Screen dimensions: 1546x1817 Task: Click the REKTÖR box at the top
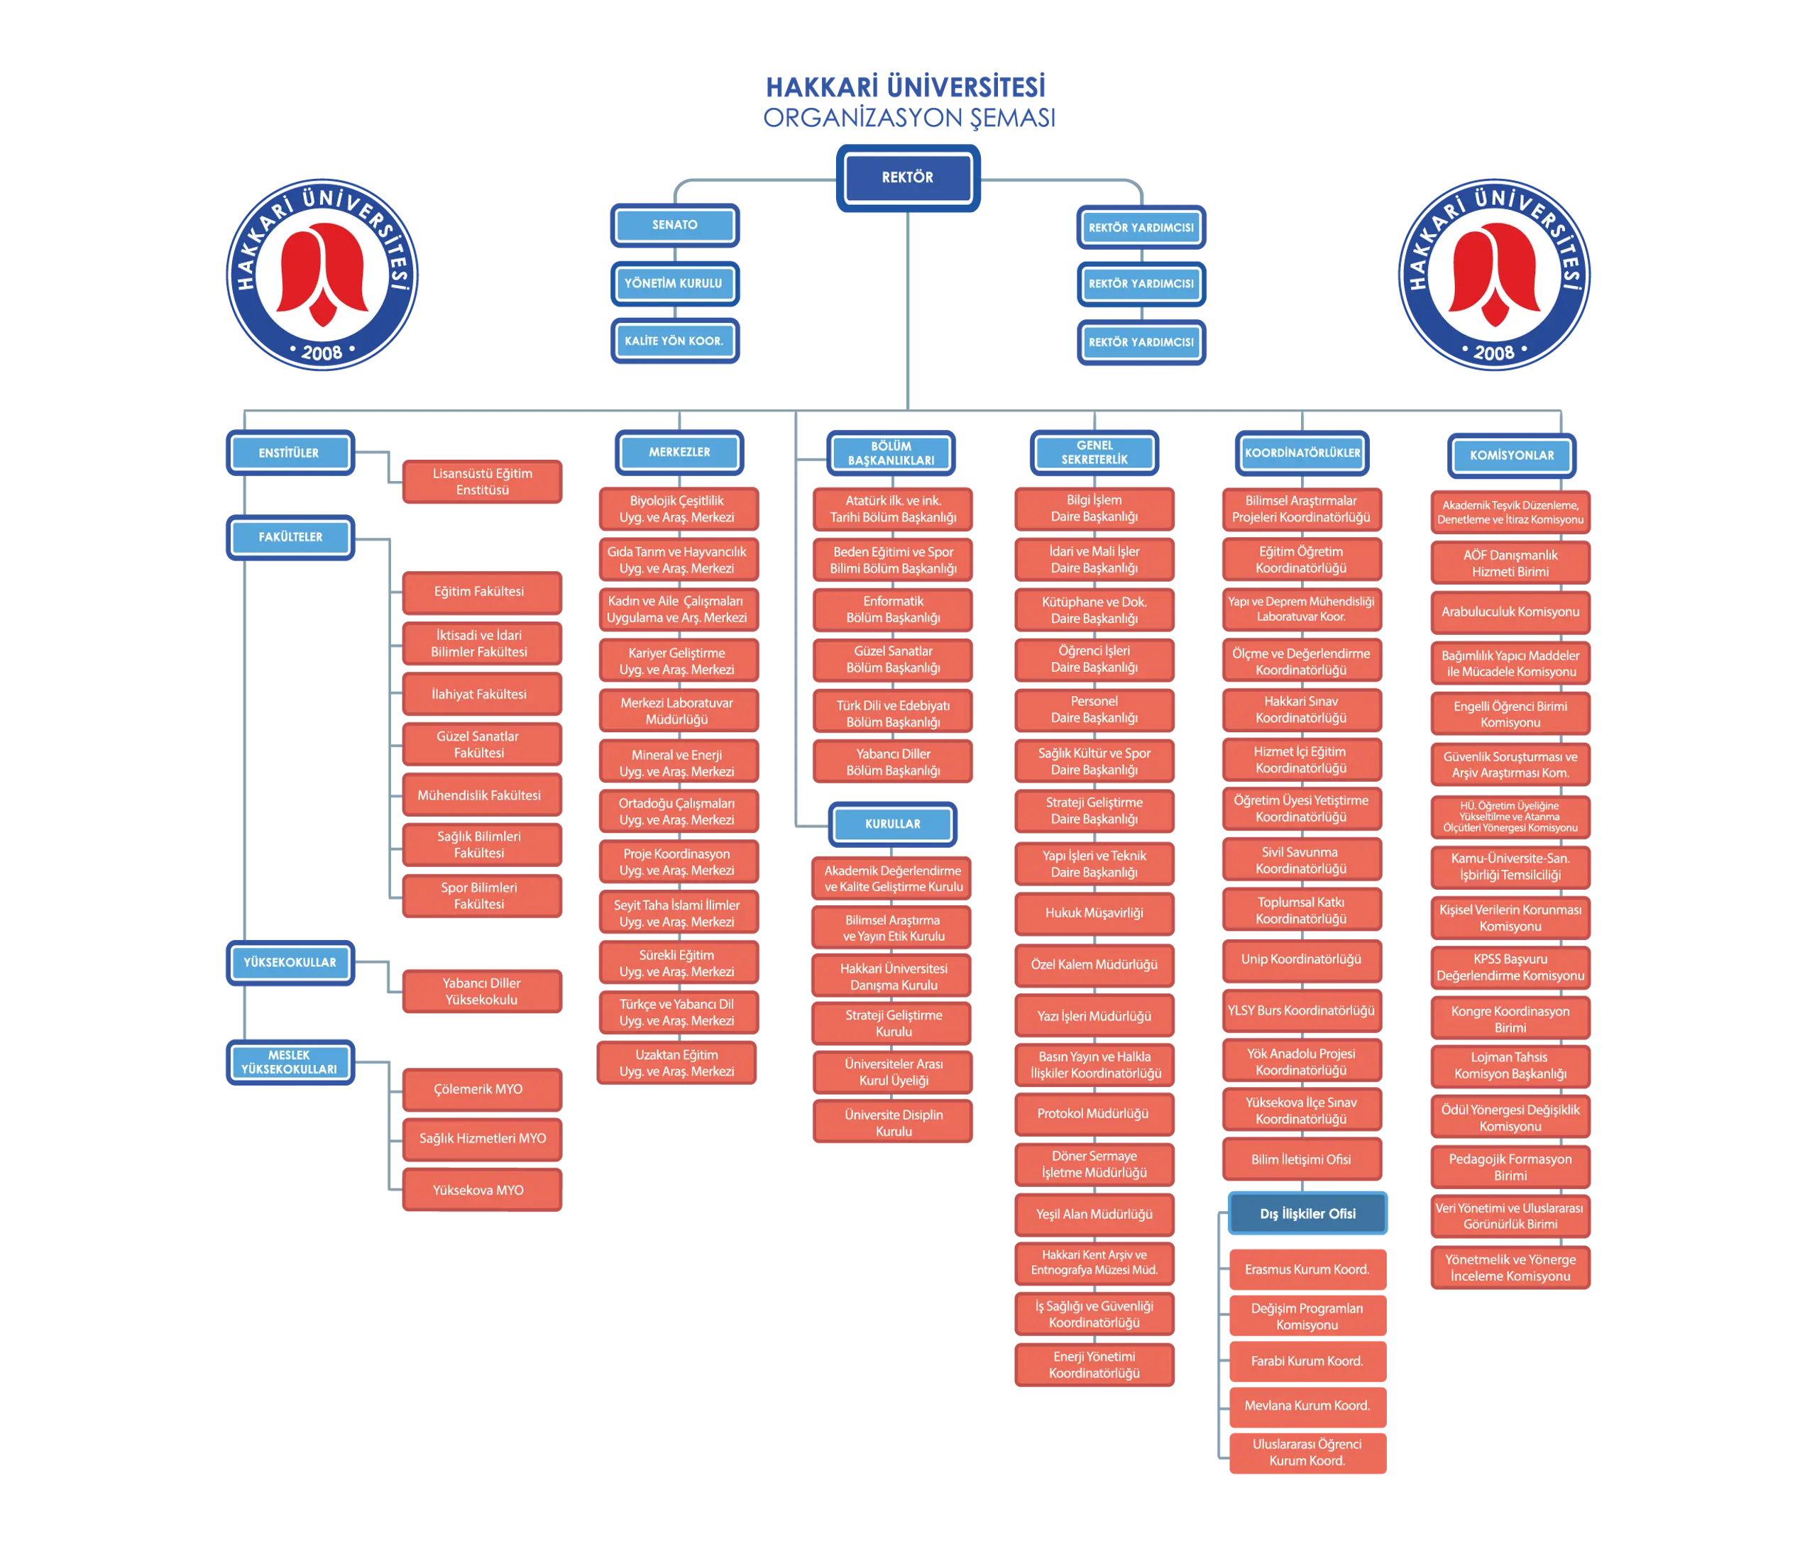coord(907,178)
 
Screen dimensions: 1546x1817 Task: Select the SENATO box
coord(675,225)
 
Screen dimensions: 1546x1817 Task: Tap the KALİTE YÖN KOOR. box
coord(675,341)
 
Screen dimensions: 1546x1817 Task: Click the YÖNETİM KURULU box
coord(675,283)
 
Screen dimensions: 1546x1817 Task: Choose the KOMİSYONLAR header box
coord(1511,455)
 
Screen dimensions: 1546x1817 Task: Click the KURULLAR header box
coord(892,824)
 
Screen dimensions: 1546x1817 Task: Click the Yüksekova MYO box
coord(481,1190)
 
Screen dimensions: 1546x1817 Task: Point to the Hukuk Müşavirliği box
coord(1094,913)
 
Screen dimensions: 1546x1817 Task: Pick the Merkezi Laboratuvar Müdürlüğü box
coord(678,711)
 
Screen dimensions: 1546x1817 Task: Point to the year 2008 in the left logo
coord(322,353)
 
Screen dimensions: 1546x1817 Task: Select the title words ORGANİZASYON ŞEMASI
coord(909,118)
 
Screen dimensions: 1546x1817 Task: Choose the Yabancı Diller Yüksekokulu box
coord(481,991)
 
